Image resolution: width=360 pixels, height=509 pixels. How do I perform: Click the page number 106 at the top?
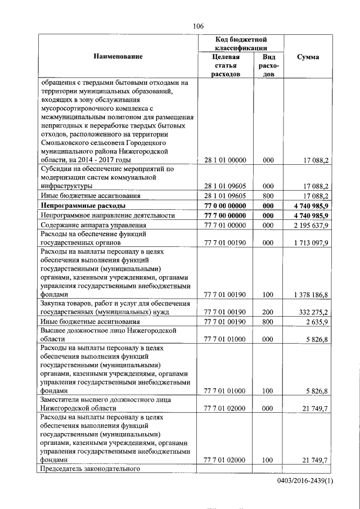point(197,26)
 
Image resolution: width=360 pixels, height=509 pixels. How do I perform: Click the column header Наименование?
point(118,56)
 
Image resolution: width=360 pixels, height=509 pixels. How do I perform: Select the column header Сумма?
point(309,57)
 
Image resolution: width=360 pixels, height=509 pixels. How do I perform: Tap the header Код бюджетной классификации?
point(241,44)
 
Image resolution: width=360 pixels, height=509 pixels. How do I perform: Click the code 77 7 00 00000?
point(225,216)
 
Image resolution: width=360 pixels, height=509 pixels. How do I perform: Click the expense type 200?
point(268,311)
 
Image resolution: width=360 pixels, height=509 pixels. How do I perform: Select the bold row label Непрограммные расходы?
point(83,206)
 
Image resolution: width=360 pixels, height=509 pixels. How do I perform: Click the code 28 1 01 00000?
point(225,160)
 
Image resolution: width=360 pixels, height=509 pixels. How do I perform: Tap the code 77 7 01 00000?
point(225,226)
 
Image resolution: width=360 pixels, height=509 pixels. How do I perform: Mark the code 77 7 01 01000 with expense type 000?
point(225,339)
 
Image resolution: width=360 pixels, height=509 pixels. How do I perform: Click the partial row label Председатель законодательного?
point(89,469)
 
